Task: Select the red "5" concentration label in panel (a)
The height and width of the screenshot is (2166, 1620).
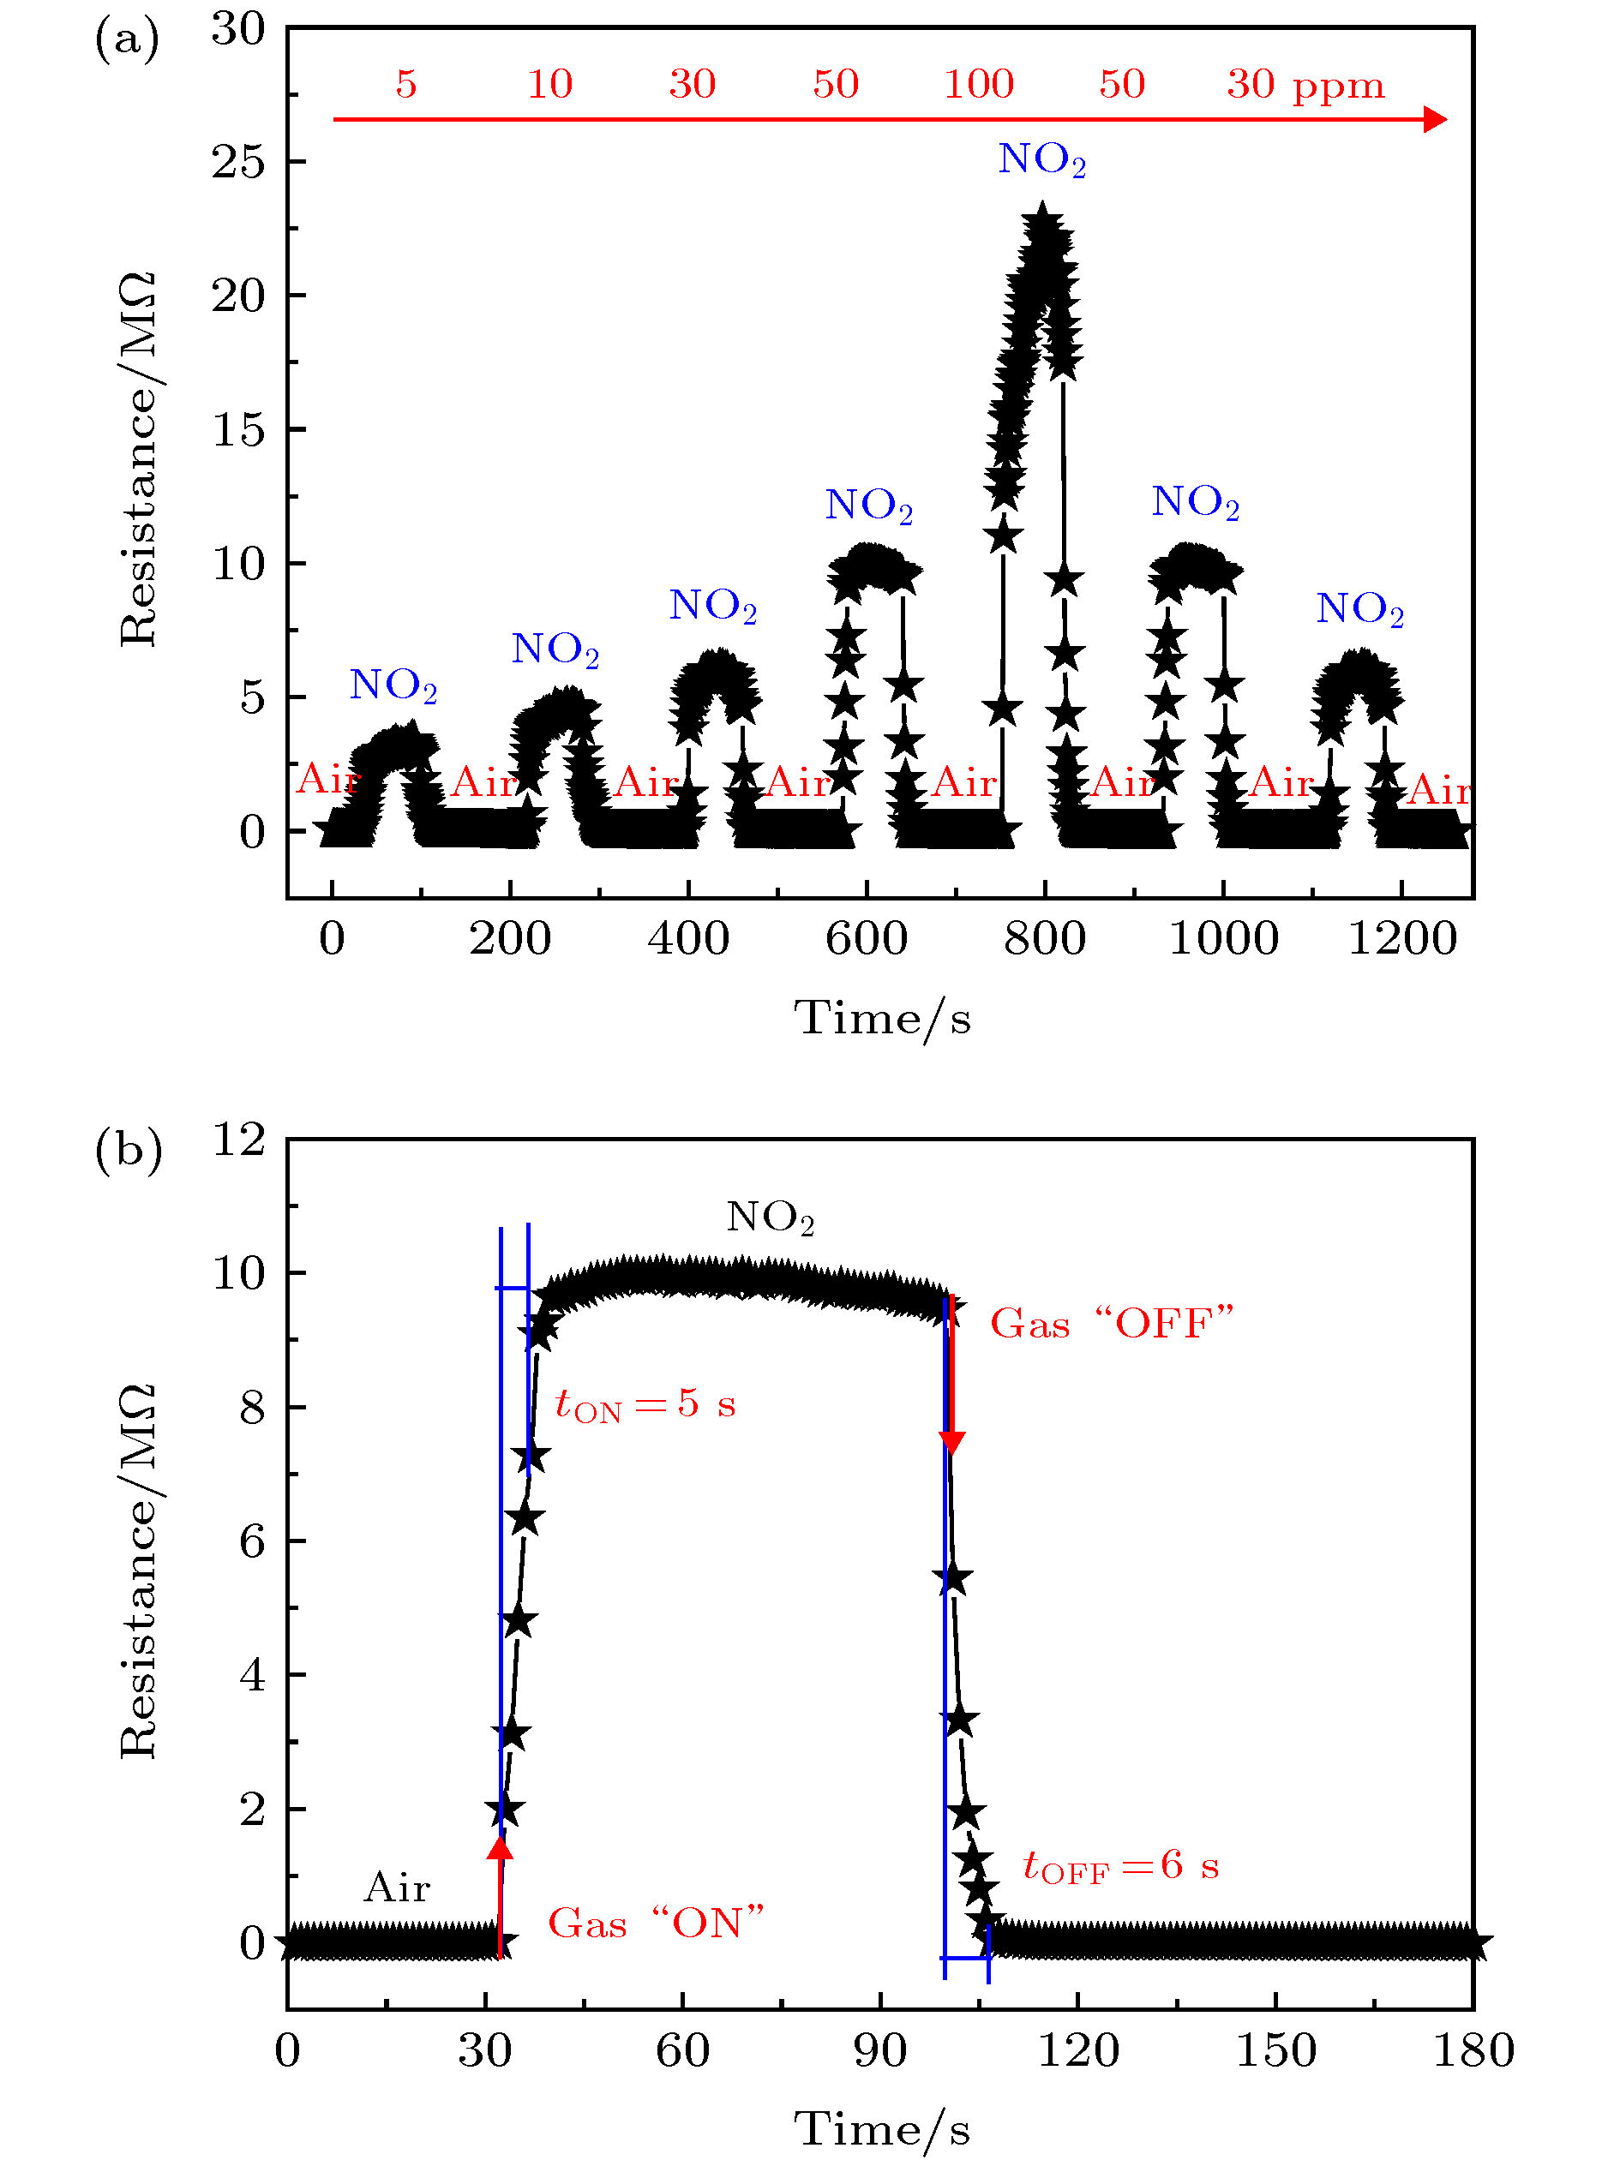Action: (x=406, y=84)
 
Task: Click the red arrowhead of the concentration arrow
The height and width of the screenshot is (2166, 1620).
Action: (x=1435, y=119)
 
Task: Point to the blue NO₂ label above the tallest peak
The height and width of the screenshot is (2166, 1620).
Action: (x=1041, y=159)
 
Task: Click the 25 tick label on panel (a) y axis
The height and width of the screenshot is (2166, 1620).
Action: (x=239, y=162)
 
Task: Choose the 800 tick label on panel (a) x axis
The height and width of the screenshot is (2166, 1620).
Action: (x=1044, y=939)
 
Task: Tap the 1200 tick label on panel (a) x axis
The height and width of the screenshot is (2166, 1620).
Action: (x=1401, y=939)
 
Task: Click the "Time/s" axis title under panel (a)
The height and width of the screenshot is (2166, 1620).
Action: (x=881, y=1020)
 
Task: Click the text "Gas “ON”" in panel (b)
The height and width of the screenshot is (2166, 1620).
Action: (x=655, y=1924)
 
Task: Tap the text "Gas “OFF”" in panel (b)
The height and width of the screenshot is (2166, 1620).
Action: (x=1112, y=1324)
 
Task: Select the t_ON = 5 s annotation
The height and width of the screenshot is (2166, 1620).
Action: (x=645, y=1405)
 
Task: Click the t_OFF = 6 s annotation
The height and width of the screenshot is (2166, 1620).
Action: (x=1120, y=1865)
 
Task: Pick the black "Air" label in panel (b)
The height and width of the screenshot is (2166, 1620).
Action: (x=397, y=1887)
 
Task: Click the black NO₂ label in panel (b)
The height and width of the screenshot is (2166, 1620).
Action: (x=770, y=1218)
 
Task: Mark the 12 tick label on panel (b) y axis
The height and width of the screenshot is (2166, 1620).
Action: (x=239, y=1140)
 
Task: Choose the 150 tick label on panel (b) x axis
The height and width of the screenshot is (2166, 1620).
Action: (x=1275, y=2050)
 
